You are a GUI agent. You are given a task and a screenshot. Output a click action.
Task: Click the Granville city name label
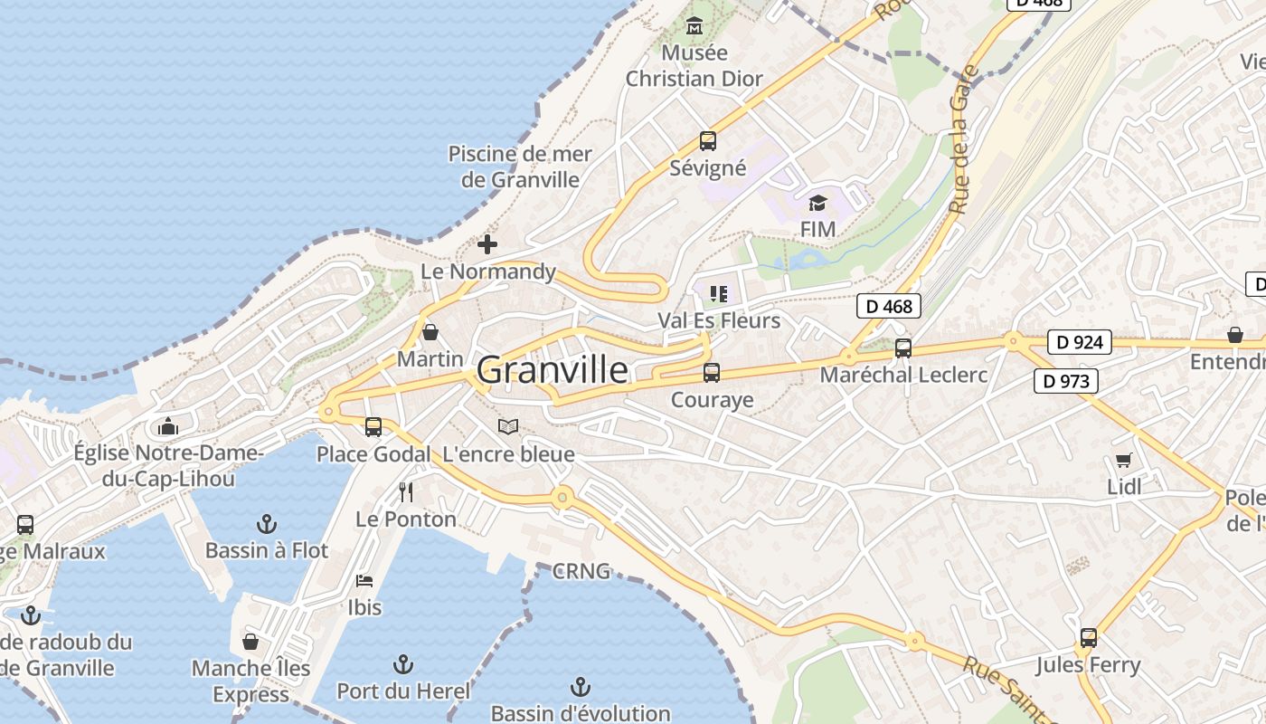coord(552,370)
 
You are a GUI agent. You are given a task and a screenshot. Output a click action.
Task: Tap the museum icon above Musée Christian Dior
coord(694,24)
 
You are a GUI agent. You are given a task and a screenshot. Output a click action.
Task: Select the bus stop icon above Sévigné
coord(708,141)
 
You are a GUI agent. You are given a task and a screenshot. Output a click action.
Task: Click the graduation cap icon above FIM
coord(817,203)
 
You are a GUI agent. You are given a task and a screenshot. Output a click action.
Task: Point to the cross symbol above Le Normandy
coord(487,244)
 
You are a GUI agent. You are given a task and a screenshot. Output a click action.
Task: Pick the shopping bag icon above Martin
coord(430,331)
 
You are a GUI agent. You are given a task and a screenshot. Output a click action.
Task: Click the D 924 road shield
coord(1079,342)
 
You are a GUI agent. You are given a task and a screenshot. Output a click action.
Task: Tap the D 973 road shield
coord(1066,381)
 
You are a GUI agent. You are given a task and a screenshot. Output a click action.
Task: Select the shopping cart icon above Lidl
coord(1124,460)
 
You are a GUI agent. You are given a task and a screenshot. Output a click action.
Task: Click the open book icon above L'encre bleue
coord(509,426)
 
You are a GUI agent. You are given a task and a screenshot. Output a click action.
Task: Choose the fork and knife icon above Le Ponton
coord(406,492)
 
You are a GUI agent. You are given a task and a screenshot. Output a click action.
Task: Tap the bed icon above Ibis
coord(364,580)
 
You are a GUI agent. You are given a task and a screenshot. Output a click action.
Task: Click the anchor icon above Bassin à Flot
coord(266,523)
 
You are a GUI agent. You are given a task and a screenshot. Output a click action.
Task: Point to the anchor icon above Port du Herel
coord(403,665)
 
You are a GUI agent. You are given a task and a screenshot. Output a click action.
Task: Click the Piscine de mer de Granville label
coord(520,167)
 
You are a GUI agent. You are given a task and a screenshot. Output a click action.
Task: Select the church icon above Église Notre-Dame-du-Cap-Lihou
coord(168,426)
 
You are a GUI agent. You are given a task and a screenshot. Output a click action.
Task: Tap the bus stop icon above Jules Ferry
coord(1088,638)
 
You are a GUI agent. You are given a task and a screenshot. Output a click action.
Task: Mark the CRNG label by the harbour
coord(581,571)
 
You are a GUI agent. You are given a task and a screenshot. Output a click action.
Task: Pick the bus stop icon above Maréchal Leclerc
coord(902,348)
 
